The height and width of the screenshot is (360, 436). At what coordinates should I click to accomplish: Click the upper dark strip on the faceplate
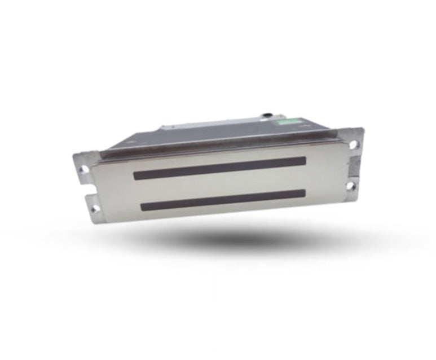[x=220, y=168]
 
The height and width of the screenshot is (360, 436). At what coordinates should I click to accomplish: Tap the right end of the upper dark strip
[x=303, y=161]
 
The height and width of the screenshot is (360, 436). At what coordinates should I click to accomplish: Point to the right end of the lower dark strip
[x=303, y=194]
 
